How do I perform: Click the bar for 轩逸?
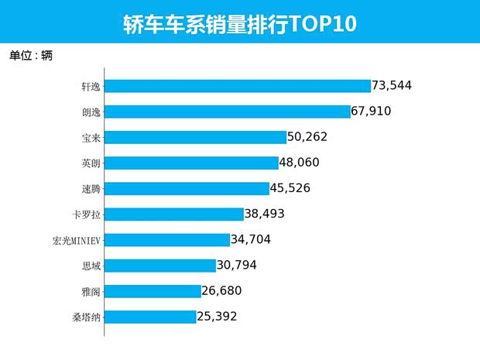click(238, 86)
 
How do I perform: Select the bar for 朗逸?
click(228, 111)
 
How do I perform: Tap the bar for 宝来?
click(195, 137)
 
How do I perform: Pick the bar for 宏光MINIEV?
click(167, 239)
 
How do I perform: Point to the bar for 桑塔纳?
click(150, 316)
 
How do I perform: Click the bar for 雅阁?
click(153, 290)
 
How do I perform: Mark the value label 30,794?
click(236, 265)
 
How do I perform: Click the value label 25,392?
click(216, 316)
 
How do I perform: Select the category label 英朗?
click(91, 163)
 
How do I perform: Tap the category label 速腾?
click(91, 188)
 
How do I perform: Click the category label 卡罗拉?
click(85, 214)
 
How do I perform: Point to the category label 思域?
click(91, 265)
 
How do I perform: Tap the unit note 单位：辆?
click(31, 56)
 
